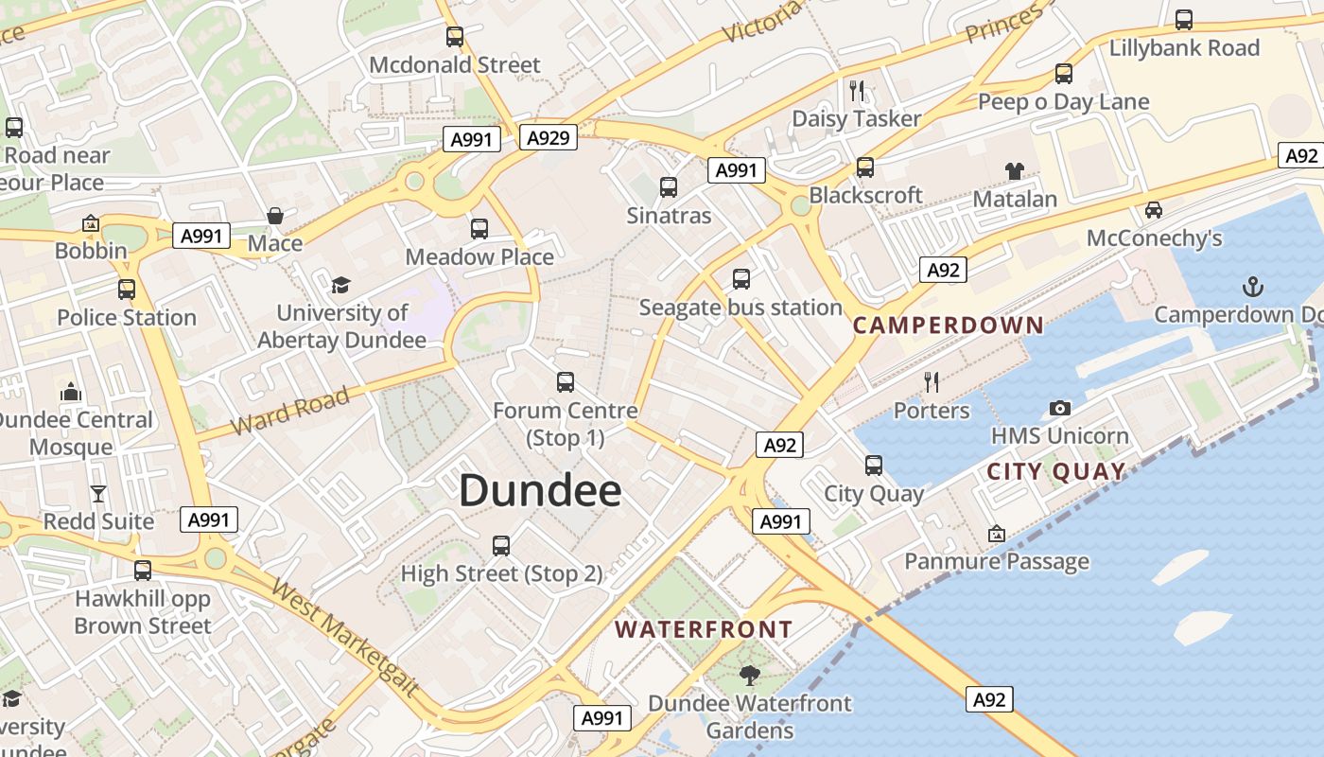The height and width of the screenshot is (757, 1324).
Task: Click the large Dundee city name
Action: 540,491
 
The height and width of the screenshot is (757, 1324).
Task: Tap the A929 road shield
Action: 549,138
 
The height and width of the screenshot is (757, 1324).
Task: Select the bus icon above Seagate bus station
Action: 741,279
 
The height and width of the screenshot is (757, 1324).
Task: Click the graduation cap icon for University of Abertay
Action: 340,285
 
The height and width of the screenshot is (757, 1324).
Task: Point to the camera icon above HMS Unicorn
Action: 1060,408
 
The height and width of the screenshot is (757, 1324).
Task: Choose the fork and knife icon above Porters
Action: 932,381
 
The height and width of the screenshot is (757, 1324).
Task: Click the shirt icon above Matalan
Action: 1015,171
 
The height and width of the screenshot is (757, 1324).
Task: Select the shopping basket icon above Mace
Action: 275,216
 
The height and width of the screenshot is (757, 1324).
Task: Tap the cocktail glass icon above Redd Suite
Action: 98,493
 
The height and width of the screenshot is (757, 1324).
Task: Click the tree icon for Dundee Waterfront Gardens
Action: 750,675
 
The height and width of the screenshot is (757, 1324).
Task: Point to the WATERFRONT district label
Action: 704,629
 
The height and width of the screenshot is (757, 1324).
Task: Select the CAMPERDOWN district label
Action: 949,325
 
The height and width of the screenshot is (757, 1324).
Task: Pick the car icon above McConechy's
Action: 1154,209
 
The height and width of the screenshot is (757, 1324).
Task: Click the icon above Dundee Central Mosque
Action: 71,391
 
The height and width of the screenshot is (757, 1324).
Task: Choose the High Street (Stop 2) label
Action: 501,573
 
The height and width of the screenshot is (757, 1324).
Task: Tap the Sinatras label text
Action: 669,216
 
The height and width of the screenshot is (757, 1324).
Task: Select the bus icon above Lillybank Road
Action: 1184,20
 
